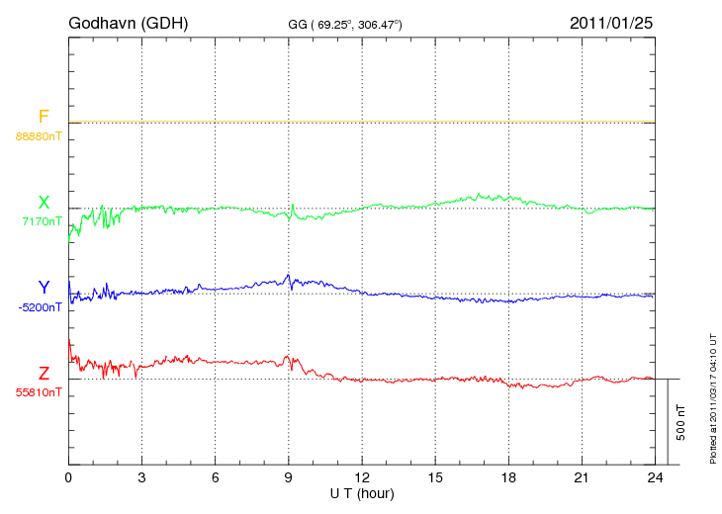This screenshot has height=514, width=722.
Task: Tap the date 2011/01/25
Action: pyautogui.click(x=611, y=23)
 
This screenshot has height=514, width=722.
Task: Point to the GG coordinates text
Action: pyautogui.click(x=345, y=24)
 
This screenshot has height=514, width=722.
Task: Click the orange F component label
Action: pyautogui.click(x=44, y=118)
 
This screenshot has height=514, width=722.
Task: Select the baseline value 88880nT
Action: pyautogui.click(x=39, y=135)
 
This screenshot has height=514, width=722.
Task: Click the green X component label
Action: pyautogui.click(x=44, y=204)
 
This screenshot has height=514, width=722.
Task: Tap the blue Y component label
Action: pyautogui.click(x=44, y=288)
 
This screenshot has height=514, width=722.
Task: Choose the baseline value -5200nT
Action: pyautogui.click(x=40, y=306)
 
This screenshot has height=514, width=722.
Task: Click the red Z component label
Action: pyautogui.click(x=44, y=374)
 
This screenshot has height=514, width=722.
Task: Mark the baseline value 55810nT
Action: pyautogui.click(x=39, y=392)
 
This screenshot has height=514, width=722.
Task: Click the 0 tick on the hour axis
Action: pyautogui.click(x=68, y=477)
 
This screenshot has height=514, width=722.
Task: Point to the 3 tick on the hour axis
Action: pyautogui.click(x=141, y=477)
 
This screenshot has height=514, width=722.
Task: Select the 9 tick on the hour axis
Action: pyautogui.click(x=289, y=477)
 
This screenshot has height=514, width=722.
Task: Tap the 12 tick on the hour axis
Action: pyautogui.click(x=362, y=477)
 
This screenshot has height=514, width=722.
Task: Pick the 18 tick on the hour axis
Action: pyautogui.click(x=508, y=477)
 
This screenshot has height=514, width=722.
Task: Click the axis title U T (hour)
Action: pyautogui.click(x=362, y=492)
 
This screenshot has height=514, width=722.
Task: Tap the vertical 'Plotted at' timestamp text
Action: pyautogui.click(x=713, y=396)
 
